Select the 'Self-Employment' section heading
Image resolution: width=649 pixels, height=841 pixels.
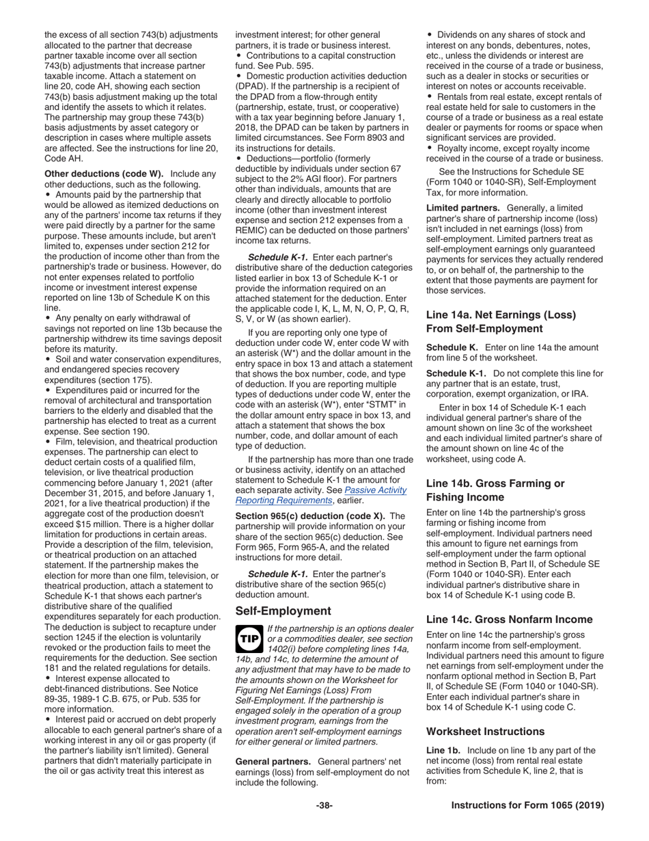[x=283, y=611]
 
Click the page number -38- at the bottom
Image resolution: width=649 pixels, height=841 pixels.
[x=324, y=805]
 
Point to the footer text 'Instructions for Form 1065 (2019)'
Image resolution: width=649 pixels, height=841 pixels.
[x=528, y=805]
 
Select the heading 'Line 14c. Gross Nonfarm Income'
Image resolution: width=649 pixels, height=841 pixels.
[x=509, y=619]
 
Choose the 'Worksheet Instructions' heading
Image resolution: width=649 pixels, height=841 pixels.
[x=486, y=731]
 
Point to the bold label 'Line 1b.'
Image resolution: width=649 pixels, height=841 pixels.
[x=443, y=751]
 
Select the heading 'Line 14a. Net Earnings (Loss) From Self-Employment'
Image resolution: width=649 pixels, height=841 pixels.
[x=501, y=321]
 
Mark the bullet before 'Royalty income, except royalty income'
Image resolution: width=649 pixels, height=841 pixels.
[x=430, y=148]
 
